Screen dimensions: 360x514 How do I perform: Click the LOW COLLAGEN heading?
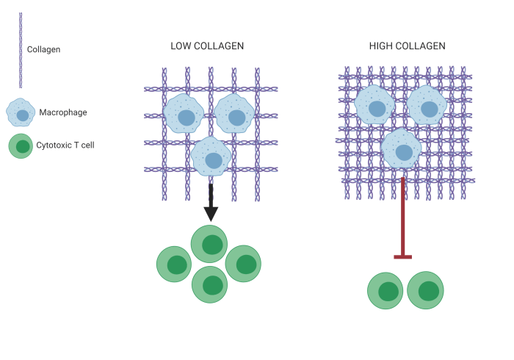pos(207,46)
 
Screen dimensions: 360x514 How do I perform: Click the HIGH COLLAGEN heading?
pos(407,46)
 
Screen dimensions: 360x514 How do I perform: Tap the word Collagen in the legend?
pos(43,49)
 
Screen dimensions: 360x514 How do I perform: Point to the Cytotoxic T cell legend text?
pos(65,145)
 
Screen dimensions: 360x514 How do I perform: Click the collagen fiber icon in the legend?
pos(21,49)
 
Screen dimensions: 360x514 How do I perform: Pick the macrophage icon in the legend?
pos(21,113)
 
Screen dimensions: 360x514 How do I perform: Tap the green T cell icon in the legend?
pos(22,145)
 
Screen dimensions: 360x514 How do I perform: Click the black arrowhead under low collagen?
pos(211,213)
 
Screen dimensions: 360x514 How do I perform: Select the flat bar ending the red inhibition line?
pos(402,256)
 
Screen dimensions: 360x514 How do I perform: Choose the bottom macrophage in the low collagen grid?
pos(211,157)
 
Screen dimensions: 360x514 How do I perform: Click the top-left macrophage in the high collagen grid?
pos(375,107)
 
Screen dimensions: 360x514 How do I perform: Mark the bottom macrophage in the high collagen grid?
pos(401,150)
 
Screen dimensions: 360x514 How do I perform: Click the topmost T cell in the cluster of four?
pos(211,245)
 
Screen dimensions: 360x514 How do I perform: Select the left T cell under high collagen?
pos(387,291)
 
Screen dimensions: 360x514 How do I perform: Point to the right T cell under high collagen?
pos(426,291)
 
